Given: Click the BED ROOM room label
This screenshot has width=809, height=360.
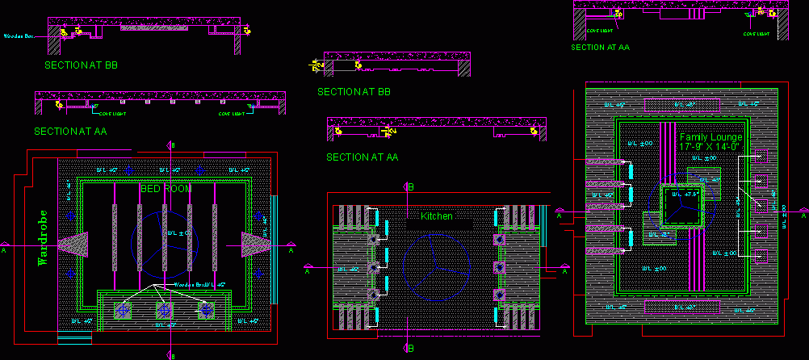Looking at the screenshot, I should click(166, 188).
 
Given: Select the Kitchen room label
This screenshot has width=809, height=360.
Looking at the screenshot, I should click(437, 216).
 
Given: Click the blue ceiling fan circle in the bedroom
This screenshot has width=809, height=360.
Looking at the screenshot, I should click(164, 234).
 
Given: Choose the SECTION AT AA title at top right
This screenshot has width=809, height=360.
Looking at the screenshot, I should click(600, 47).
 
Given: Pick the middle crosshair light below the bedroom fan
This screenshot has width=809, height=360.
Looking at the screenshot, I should click(165, 310).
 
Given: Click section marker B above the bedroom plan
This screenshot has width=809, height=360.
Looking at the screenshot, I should click(170, 145).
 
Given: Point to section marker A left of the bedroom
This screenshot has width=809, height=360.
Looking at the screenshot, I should click(6, 250).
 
